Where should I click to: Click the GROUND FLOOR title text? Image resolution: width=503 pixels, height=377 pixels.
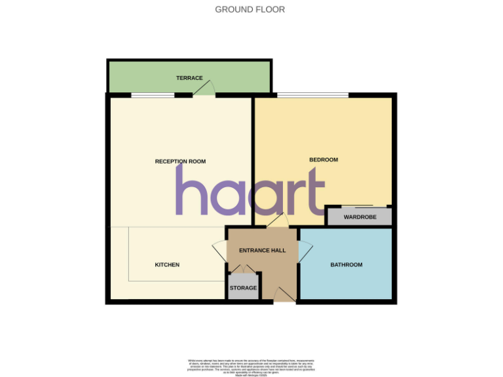(250, 10)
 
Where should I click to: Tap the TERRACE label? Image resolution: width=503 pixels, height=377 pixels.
(189, 78)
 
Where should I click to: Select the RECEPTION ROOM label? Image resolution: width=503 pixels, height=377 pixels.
(180, 161)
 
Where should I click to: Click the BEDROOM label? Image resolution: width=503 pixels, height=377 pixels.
(324, 160)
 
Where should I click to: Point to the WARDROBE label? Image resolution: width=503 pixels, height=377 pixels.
(360, 217)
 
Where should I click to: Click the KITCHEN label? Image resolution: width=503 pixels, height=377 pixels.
(167, 264)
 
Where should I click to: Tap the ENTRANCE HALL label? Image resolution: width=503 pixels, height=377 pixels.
(262, 250)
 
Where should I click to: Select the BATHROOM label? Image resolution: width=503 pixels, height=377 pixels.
(346, 264)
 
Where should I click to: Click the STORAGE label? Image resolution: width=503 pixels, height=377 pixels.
(243, 288)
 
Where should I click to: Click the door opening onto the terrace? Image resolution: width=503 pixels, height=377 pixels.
(204, 90)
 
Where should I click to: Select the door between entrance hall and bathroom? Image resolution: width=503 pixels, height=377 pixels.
(305, 252)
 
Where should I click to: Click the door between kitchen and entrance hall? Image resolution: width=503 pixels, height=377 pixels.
(220, 252)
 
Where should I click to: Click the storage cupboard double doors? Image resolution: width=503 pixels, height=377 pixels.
(243, 269)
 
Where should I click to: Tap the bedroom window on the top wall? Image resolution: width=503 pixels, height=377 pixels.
(313, 96)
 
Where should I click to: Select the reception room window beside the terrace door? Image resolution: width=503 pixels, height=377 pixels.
(153, 96)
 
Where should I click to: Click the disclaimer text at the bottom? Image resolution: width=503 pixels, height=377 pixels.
(251, 366)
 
